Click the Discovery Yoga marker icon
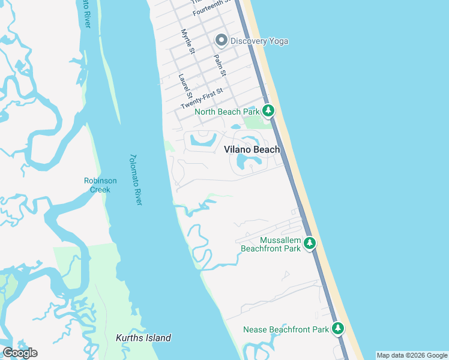(221, 41)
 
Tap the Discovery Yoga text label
(259, 41)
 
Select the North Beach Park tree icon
(268, 111)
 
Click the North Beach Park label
(227, 112)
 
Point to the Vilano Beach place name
(252, 149)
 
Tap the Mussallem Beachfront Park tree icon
(310, 243)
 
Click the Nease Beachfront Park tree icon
(339, 329)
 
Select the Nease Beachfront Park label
(286, 329)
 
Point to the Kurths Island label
(143, 338)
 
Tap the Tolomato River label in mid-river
(135, 180)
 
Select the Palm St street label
(220, 65)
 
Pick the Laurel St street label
(185, 86)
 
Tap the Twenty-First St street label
(202, 99)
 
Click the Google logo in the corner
(20, 353)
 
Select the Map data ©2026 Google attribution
(412, 355)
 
